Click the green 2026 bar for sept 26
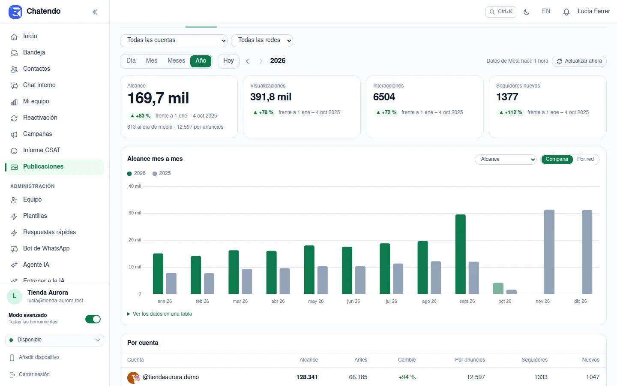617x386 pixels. click(461, 254)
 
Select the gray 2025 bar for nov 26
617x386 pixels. click(549, 252)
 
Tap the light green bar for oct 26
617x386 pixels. click(498, 288)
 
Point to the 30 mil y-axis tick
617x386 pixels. click(135, 213)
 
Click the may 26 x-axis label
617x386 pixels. click(316, 301)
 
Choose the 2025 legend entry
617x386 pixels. click(162, 173)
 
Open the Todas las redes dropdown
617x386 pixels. click(262, 40)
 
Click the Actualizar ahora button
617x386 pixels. click(579, 61)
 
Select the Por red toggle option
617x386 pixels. click(585, 159)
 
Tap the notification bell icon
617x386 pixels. click(566, 12)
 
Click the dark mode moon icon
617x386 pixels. click(526, 12)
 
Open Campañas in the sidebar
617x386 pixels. click(37, 134)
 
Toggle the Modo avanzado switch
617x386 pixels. click(93, 319)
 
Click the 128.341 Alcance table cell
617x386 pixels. click(307, 377)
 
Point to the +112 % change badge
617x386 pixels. click(511, 112)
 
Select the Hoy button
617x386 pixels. click(228, 61)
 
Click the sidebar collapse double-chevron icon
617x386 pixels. click(95, 12)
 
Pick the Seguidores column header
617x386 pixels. click(534, 360)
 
